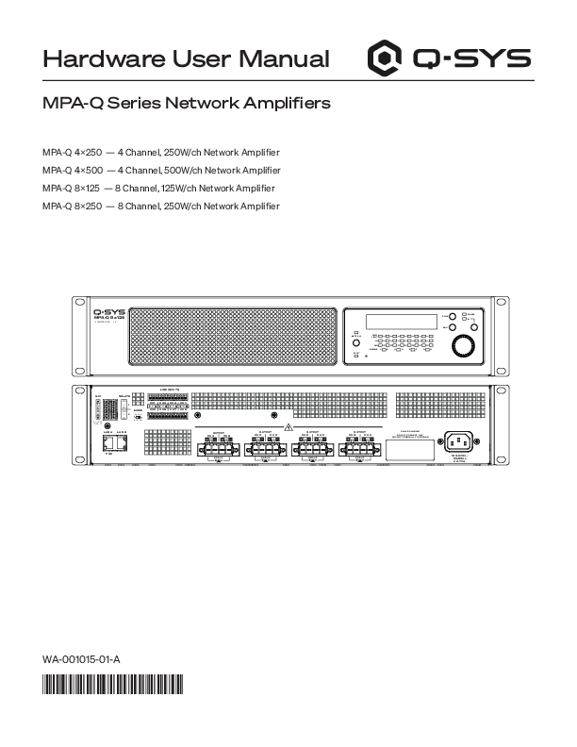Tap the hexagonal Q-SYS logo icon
pos(384,58)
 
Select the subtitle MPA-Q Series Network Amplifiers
pos(187,102)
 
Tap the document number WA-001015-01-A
pos(81,659)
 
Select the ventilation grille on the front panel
pos(231,336)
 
